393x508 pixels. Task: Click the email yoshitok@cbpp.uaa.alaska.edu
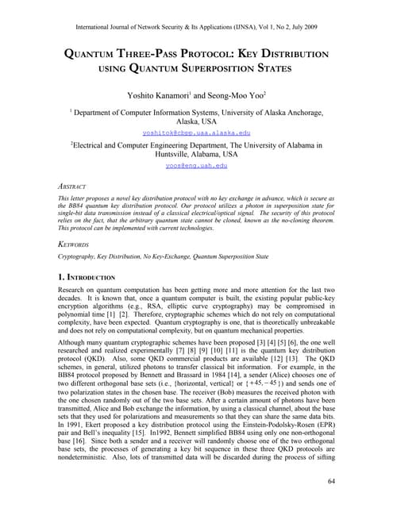click(x=196, y=133)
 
